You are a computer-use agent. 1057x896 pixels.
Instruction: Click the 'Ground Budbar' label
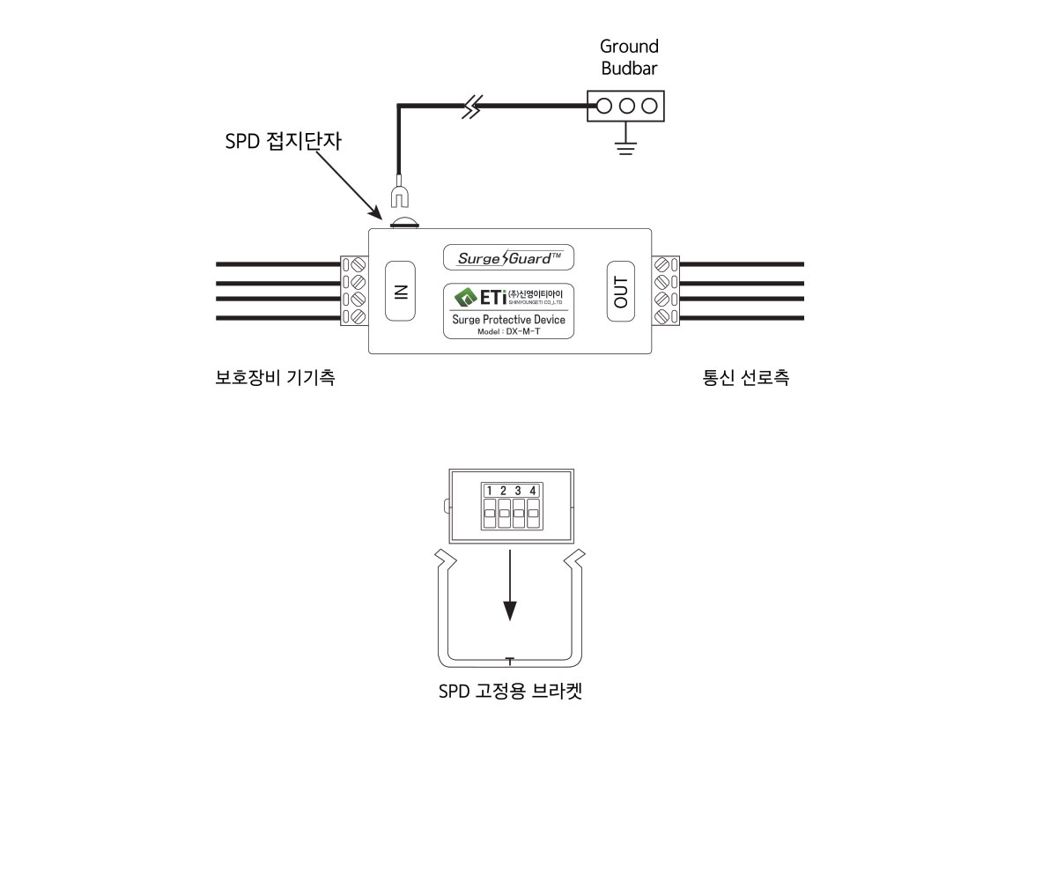pos(629,57)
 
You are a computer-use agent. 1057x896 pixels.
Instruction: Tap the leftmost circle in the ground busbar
pos(604,107)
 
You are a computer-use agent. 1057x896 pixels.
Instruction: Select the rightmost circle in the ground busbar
pos(650,107)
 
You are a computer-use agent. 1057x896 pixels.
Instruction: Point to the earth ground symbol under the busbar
pos(626,145)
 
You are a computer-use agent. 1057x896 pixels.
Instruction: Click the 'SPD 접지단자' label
pos(282,141)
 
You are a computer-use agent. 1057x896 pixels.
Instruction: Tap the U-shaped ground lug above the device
pos(399,196)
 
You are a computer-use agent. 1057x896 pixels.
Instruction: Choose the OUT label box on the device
pos(622,292)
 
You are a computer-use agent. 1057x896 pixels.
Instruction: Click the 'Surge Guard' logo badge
pos(507,257)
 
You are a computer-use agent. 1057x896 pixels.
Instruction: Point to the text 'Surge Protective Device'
pos(508,320)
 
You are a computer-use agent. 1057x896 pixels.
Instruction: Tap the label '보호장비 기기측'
pos(275,378)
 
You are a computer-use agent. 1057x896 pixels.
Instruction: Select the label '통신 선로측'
pos(745,378)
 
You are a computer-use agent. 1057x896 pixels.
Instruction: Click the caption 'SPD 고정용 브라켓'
pos(510,692)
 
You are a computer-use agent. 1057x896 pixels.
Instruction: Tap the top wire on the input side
pos(277,264)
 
